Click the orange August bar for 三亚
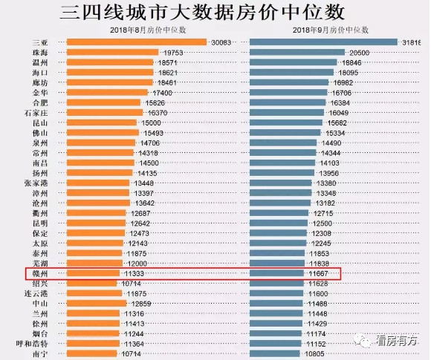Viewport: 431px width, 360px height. coord(137,42)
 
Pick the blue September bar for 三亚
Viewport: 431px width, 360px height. coord(324,42)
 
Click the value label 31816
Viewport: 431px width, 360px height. coord(415,42)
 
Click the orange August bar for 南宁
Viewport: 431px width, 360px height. coord(91,354)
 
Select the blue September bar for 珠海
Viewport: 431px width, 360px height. coord(297,53)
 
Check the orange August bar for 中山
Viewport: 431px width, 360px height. coord(97,304)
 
